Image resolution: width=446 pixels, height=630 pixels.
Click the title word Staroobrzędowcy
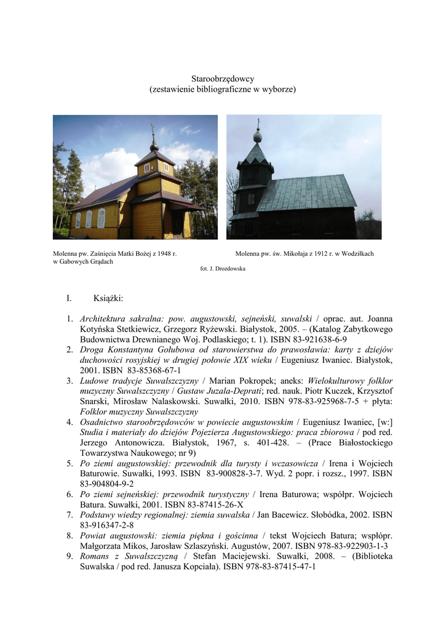pyautogui.click(x=223, y=79)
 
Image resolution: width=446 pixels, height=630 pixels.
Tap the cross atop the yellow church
pyautogui.click(x=152, y=129)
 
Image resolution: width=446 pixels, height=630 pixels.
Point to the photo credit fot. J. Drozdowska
pyautogui.click(x=223, y=269)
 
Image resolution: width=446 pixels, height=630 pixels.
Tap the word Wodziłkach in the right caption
pyautogui.click(x=357, y=253)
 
